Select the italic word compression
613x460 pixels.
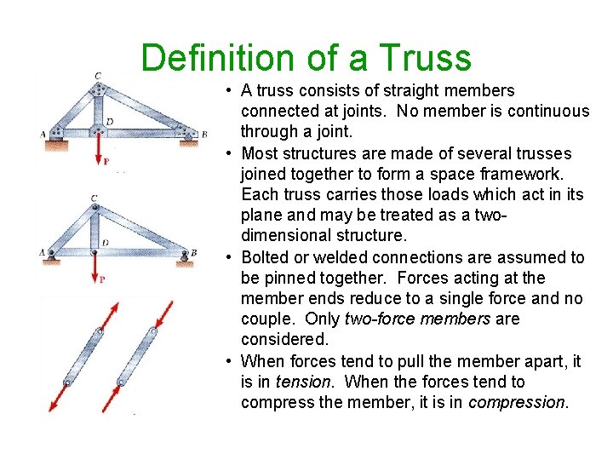516,402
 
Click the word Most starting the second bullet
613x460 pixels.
261,153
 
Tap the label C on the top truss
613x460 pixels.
99,76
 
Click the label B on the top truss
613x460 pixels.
203,134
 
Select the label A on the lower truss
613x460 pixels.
42,252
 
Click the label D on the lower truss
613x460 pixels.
105,243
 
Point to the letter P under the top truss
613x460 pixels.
105,161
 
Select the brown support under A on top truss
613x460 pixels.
57,144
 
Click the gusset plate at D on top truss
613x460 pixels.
100,127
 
